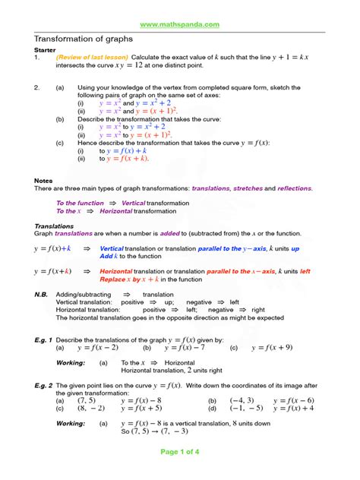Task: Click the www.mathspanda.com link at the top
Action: [x=180, y=24]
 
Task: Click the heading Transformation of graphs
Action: [x=83, y=39]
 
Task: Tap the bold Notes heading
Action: [x=43, y=180]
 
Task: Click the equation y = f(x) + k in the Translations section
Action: [x=52, y=248]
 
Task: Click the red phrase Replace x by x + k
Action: [x=137, y=279]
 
